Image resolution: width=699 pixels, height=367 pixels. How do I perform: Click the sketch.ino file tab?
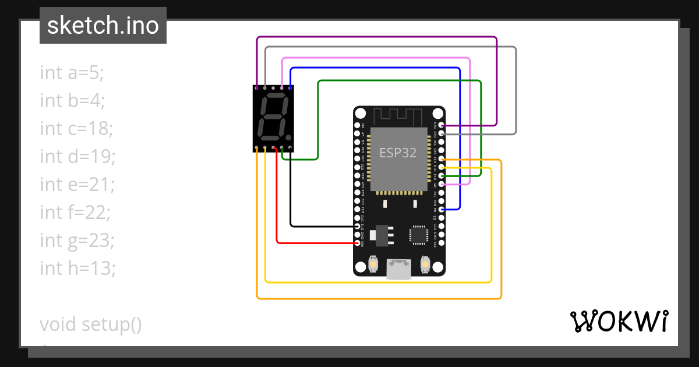[x=103, y=26]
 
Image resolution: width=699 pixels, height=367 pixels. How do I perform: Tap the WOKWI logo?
[x=618, y=321]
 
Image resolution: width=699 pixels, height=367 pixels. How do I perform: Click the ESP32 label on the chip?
[x=398, y=153]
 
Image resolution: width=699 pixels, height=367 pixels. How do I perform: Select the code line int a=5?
[x=72, y=73]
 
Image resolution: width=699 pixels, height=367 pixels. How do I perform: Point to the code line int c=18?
[x=76, y=129]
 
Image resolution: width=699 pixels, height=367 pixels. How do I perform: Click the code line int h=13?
[x=78, y=269]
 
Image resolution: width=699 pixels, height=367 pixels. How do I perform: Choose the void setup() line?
[x=91, y=324]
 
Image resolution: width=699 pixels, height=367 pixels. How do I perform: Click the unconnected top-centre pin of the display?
[x=274, y=87]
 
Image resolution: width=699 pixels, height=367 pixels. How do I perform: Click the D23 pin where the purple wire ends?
[x=442, y=125]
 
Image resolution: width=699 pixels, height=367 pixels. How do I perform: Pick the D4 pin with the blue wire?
[x=442, y=209]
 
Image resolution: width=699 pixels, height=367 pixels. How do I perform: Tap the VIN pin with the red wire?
[x=357, y=242]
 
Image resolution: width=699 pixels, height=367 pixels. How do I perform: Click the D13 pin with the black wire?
[x=357, y=225]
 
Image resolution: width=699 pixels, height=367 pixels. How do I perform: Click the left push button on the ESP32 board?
[x=373, y=265]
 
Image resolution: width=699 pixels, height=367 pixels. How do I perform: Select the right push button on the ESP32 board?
[x=425, y=265]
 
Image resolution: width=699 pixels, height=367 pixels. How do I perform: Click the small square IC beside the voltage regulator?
[x=419, y=234]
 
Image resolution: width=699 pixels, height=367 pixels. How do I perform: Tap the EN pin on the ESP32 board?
[x=357, y=125]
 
